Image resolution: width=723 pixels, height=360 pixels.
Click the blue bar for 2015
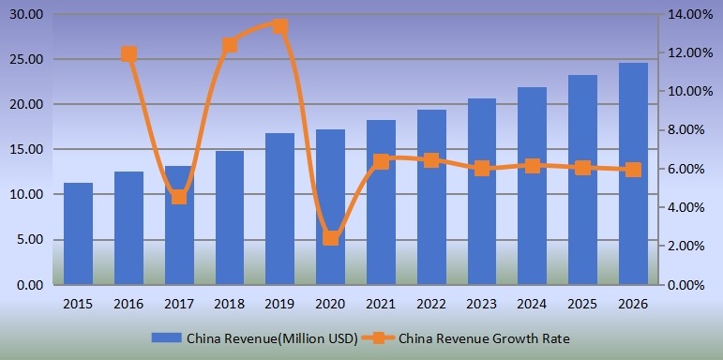[x=78, y=233]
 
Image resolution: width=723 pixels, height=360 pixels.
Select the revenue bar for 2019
[x=279, y=208]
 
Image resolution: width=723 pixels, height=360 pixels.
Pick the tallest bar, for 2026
[x=633, y=173]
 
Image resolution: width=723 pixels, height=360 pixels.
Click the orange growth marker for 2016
[x=128, y=54]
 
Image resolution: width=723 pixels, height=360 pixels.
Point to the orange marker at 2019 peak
[x=279, y=26]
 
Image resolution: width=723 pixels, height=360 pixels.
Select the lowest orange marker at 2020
[x=330, y=238]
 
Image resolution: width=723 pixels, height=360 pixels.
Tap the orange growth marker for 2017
[x=179, y=197]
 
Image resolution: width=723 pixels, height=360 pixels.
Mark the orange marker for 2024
[x=532, y=166]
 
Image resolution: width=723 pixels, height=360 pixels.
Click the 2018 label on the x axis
[x=229, y=305]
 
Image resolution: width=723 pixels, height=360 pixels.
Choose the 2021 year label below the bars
[x=381, y=305]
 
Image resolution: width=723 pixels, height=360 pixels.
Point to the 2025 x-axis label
[x=582, y=305]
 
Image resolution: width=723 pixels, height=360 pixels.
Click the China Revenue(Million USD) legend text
[x=272, y=338]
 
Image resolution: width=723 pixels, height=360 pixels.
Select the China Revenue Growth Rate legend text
[x=484, y=338]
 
